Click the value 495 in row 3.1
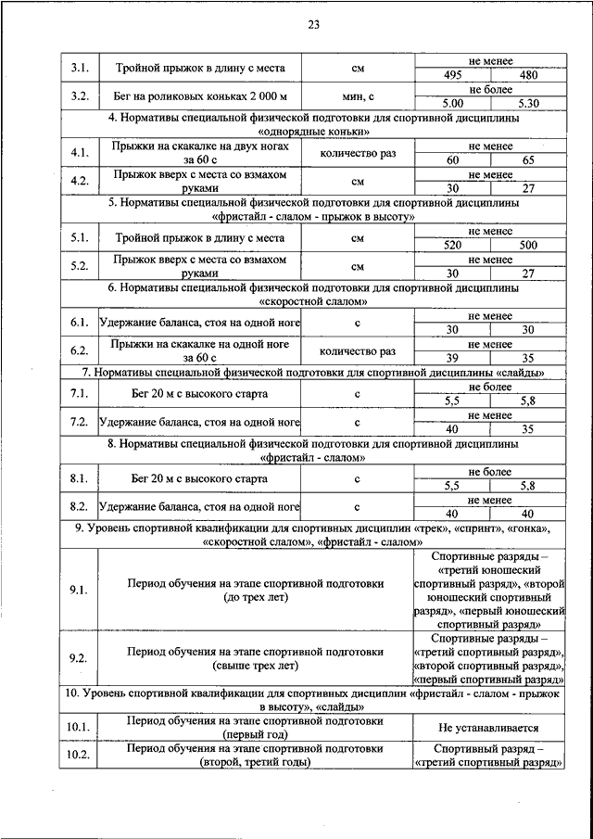452,75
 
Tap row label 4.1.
79,153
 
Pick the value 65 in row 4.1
528,159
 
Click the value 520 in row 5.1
452,245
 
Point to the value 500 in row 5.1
528,245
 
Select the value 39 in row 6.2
452,358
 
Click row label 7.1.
79,394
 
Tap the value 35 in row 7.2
528,428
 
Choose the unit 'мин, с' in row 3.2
357,96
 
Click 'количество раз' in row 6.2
357,351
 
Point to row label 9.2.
79,658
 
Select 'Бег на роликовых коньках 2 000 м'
200,96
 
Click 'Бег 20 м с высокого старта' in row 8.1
200,478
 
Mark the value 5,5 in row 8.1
452,485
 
